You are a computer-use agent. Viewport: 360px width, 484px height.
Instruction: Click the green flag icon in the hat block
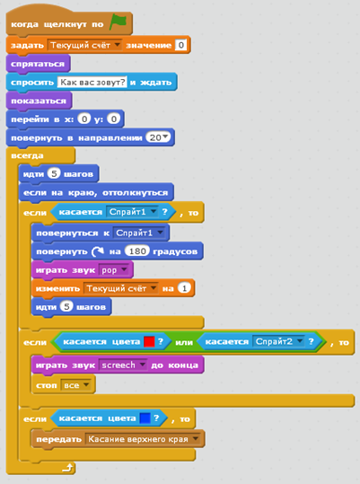(119, 22)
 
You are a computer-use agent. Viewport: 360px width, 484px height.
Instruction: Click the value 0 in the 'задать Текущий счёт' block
(180, 45)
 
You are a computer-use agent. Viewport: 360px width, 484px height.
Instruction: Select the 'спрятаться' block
(38, 64)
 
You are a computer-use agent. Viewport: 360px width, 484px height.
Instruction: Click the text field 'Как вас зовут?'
(92, 82)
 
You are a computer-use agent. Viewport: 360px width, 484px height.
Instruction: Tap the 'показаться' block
(39, 101)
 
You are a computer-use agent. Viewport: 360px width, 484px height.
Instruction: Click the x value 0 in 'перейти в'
(84, 119)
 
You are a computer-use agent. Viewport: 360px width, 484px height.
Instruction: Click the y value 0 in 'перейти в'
(113, 119)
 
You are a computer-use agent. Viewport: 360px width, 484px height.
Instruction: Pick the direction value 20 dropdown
(158, 137)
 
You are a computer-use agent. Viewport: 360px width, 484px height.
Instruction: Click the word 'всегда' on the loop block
(27, 155)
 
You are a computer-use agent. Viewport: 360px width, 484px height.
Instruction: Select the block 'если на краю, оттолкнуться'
(96, 192)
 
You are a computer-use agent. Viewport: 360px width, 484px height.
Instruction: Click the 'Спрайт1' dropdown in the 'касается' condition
(132, 212)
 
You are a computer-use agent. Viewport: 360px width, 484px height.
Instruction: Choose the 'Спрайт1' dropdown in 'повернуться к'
(139, 233)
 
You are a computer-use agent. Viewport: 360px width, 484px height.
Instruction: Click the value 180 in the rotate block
(137, 251)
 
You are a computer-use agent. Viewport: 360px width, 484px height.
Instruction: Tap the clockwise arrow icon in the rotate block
(98, 251)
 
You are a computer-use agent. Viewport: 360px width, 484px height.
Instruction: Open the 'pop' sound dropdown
(114, 270)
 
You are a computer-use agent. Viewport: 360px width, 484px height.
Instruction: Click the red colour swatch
(149, 341)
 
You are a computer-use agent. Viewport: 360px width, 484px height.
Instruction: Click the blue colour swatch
(145, 418)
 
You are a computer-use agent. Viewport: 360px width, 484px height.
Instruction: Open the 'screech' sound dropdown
(122, 365)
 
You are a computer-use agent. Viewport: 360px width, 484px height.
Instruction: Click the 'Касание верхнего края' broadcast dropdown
(143, 439)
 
